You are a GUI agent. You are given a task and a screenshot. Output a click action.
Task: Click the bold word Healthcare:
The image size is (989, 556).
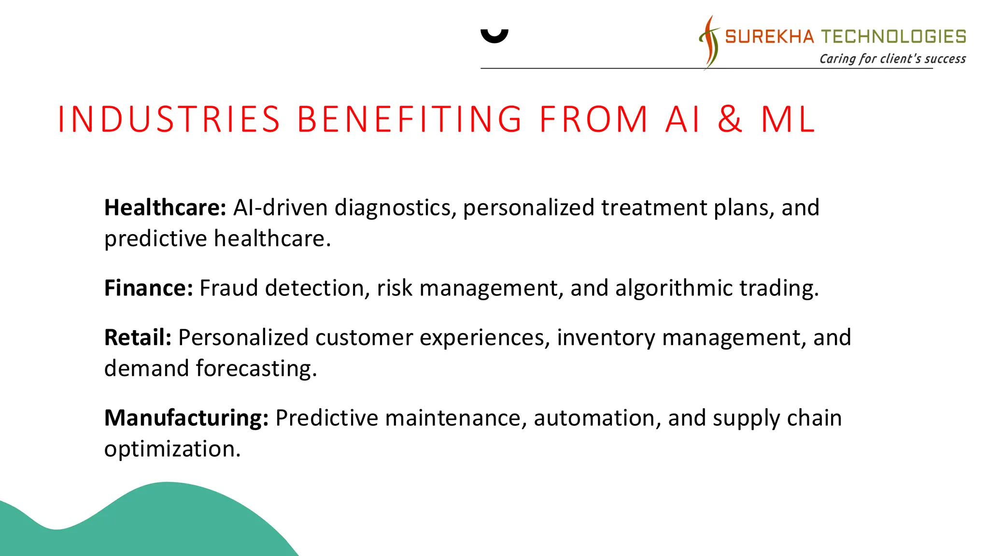coord(165,208)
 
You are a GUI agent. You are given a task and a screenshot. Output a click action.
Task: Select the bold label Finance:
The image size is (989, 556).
coord(149,288)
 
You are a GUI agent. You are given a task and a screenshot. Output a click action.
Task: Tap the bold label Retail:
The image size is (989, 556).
coord(138,338)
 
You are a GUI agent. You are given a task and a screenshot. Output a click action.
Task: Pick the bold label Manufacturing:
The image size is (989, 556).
coord(186,418)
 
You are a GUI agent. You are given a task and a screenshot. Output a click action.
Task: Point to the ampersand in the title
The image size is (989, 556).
coord(730,119)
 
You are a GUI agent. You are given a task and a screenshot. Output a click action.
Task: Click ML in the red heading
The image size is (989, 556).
coord(788,119)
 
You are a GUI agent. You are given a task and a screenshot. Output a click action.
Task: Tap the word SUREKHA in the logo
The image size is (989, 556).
coord(769,37)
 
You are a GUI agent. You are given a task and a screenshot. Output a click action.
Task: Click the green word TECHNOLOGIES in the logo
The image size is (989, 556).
coord(893,37)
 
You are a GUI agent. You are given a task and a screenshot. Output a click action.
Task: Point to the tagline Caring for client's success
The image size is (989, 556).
coord(892,59)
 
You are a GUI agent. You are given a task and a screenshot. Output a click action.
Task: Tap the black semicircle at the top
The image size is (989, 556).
coord(494,36)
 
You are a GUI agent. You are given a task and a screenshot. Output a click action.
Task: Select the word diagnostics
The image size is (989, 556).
coord(396,208)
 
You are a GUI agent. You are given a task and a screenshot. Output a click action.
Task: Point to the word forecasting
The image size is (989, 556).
coord(256,369)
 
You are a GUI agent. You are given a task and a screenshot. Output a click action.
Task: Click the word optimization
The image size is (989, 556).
coord(172,449)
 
